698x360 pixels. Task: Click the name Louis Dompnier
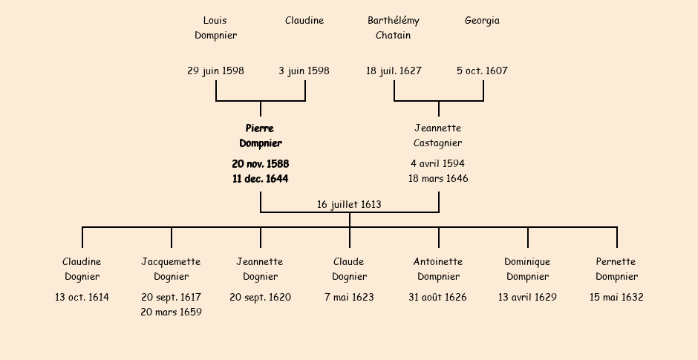tap(215, 27)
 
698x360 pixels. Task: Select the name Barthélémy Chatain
tap(394, 27)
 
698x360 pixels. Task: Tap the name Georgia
tap(482, 21)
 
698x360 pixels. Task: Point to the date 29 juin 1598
tap(215, 71)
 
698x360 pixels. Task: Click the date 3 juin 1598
tap(304, 71)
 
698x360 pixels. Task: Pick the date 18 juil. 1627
tap(394, 71)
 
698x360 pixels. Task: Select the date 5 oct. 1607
tap(482, 71)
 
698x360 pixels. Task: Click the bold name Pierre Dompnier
tap(261, 136)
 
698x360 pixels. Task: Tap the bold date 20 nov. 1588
tap(261, 163)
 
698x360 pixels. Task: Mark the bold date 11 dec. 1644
tap(261, 179)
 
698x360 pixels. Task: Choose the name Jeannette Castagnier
tap(438, 136)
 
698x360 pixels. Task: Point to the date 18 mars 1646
tap(438, 179)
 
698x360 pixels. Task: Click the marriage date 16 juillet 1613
tap(349, 204)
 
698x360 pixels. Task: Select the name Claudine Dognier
tap(82, 269)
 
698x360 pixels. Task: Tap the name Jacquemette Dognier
tap(171, 269)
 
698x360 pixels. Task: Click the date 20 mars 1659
tap(171, 312)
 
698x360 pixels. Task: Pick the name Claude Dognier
tap(349, 269)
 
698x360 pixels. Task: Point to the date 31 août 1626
tap(438, 298)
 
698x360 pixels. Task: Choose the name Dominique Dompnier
tap(527, 269)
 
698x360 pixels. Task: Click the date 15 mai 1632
tap(616, 298)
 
